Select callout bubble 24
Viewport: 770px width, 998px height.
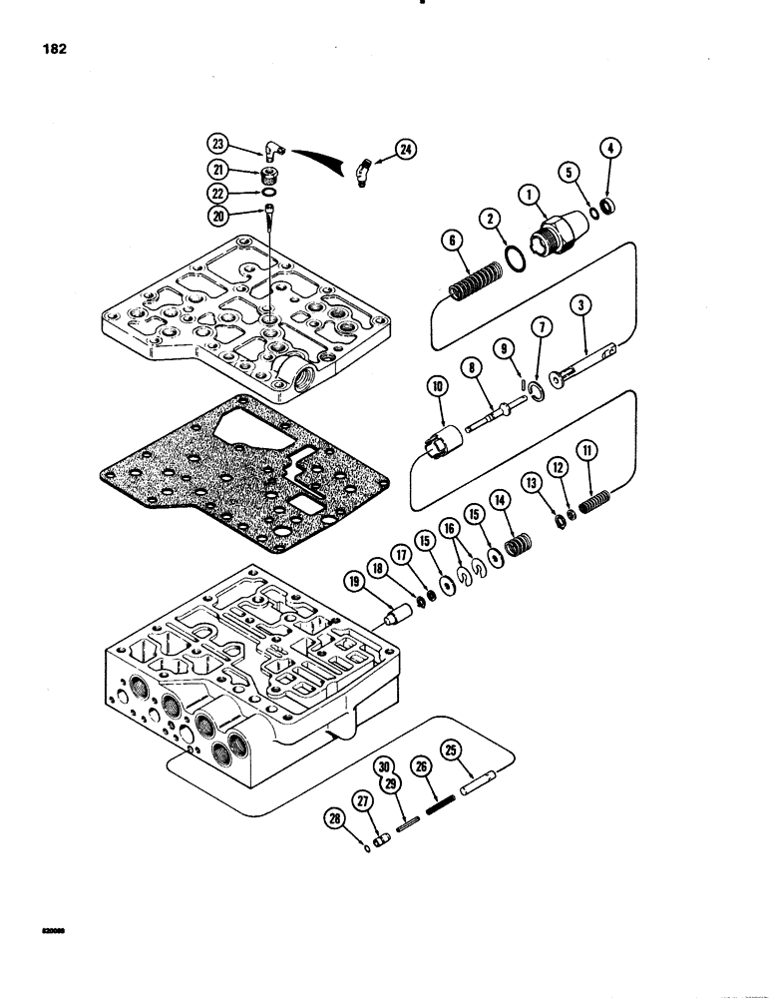tap(407, 150)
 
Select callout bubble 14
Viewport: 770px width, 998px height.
tap(498, 500)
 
